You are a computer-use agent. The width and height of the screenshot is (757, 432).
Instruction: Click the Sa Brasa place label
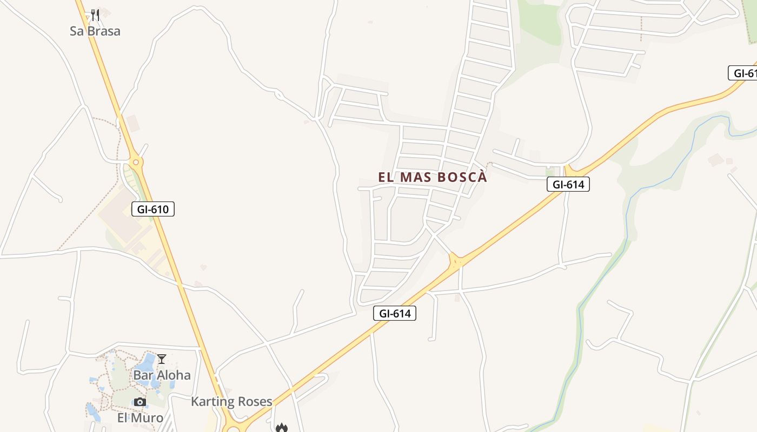click(x=95, y=31)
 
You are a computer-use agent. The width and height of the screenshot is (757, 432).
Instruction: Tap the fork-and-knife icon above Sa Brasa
click(x=95, y=15)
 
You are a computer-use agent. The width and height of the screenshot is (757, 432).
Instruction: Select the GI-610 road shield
click(x=153, y=209)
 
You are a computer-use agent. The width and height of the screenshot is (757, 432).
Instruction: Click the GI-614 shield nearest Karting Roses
click(x=395, y=313)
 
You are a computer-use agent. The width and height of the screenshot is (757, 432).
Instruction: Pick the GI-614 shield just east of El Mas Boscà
click(x=568, y=184)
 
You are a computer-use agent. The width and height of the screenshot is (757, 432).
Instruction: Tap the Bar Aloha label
click(x=162, y=375)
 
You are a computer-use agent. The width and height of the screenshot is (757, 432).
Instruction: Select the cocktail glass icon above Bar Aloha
click(x=162, y=359)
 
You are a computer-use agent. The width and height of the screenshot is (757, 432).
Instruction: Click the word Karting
click(x=211, y=402)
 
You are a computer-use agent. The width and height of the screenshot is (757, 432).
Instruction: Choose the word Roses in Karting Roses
click(x=254, y=402)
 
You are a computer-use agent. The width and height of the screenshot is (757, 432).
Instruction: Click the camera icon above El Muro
click(x=140, y=402)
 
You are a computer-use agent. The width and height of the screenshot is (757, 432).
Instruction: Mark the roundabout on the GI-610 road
click(x=136, y=161)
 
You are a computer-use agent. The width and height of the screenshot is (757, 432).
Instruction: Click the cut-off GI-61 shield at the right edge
click(x=744, y=73)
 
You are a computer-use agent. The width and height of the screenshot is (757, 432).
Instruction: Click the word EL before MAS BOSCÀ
click(x=384, y=177)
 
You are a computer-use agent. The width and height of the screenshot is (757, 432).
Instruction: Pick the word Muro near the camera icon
click(x=148, y=418)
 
